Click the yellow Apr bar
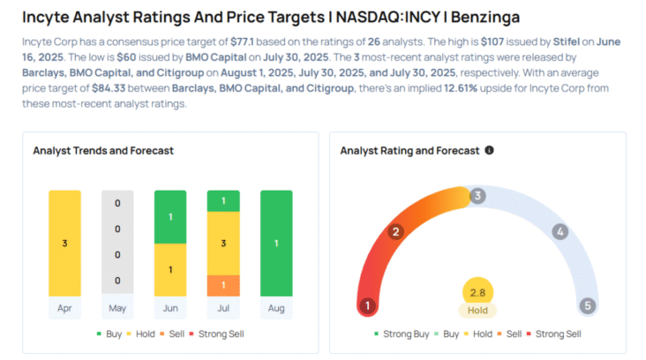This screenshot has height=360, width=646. [x=64, y=242]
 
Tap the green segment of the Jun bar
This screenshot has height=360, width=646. [x=169, y=216]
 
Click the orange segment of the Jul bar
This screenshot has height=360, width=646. [x=222, y=285]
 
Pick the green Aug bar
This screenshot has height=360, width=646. [x=275, y=242]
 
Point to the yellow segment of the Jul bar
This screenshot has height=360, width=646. [x=222, y=244]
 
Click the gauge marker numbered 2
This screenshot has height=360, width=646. [x=396, y=232]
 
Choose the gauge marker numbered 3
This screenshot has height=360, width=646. [x=477, y=196]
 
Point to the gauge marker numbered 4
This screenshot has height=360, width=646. [x=559, y=232]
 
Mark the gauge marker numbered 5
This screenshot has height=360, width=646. [x=588, y=306]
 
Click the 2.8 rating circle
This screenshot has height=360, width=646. [x=477, y=292]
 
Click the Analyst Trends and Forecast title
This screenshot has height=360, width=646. [x=103, y=150]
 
